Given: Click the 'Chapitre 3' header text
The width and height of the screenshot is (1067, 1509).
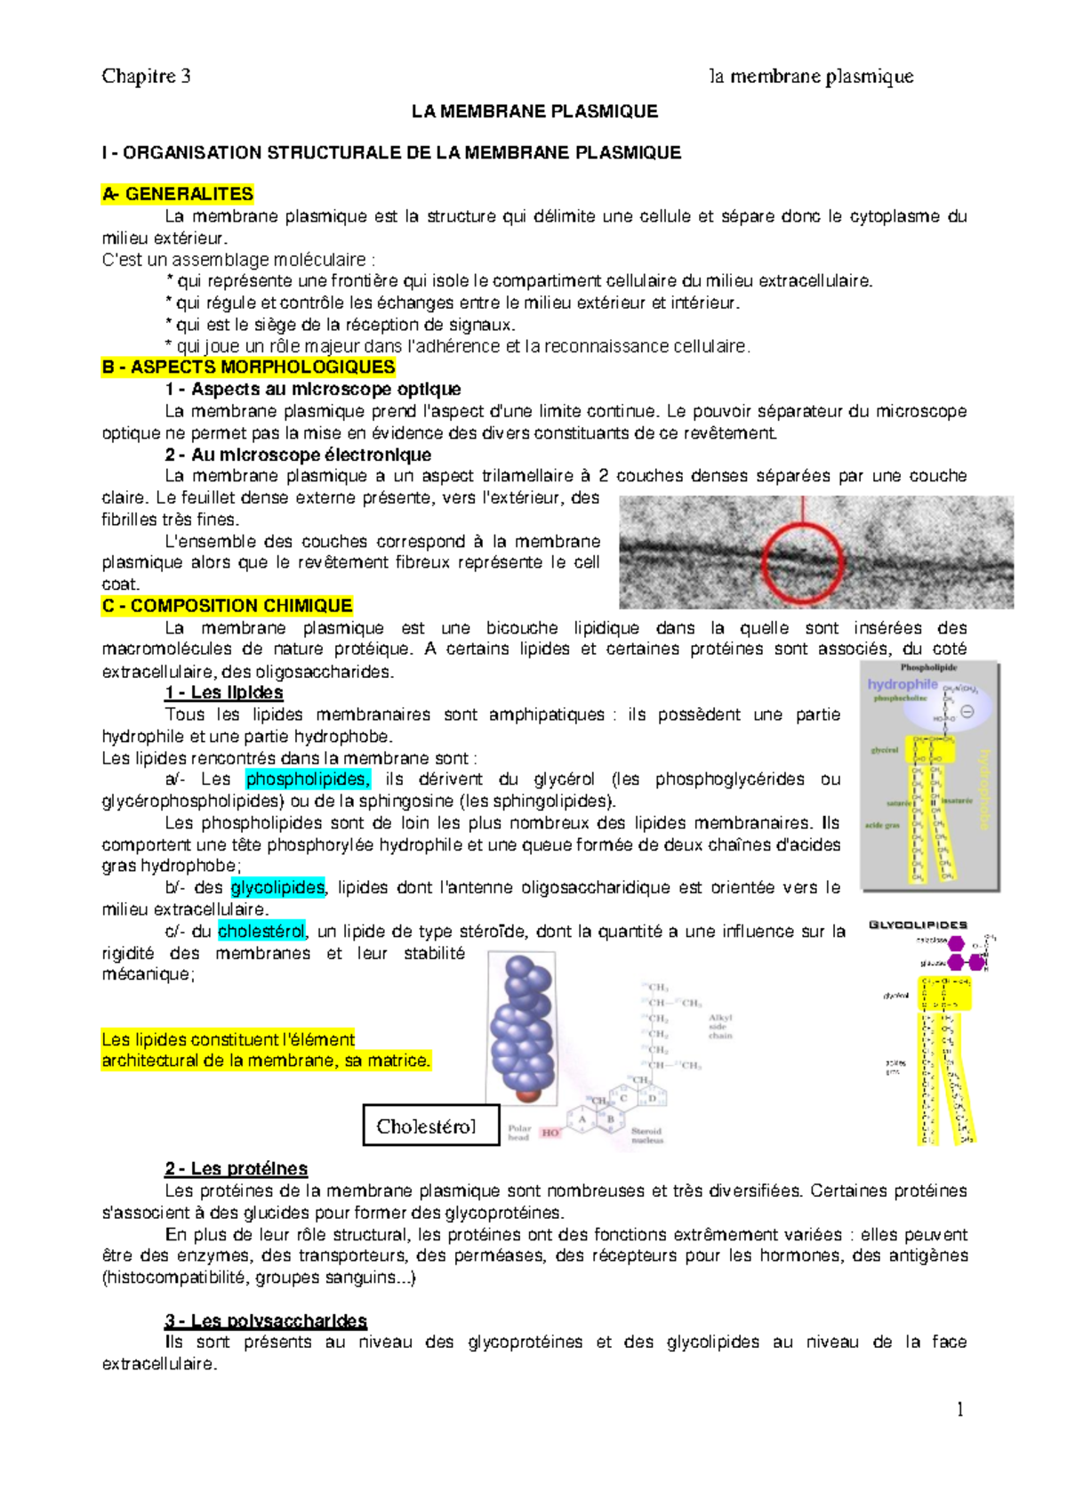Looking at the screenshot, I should (x=146, y=77).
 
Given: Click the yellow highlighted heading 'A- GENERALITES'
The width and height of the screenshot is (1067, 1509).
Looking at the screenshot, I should (x=178, y=194).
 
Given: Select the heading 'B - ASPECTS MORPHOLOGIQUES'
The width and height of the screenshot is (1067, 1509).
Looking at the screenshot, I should (x=249, y=367).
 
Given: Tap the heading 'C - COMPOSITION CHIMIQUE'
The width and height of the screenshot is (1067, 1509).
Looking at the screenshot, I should (x=228, y=606).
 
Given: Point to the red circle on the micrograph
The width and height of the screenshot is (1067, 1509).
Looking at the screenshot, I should (x=802, y=562).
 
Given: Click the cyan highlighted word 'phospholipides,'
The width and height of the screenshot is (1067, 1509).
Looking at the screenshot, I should (x=308, y=779).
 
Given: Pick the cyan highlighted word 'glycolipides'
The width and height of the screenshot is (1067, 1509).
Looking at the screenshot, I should (x=278, y=888).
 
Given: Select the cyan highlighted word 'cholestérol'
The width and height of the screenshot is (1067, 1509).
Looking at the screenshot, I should (x=261, y=932).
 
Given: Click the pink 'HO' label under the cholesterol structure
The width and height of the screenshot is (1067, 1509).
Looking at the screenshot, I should (x=550, y=1133).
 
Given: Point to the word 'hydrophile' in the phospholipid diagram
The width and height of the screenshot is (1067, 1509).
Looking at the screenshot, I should (x=903, y=684).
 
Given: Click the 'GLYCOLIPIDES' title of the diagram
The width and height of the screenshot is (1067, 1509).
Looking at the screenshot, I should (x=918, y=925).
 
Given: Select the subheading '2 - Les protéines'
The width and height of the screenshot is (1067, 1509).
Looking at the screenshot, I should (x=237, y=1169).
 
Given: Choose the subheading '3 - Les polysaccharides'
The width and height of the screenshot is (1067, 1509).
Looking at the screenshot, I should (x=266, y=1320).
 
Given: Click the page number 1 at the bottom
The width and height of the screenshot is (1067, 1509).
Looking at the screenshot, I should (x=960, y=1409).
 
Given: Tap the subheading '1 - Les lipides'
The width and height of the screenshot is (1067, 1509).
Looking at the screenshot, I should (x=224, y=693).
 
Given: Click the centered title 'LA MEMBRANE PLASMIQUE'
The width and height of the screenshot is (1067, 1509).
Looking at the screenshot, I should (x=534, y=112).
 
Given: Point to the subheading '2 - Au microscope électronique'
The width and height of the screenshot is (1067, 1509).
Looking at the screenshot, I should (x=299, y=455).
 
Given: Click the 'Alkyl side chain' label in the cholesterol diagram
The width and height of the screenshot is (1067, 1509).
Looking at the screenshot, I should (x=720, y=1026).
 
